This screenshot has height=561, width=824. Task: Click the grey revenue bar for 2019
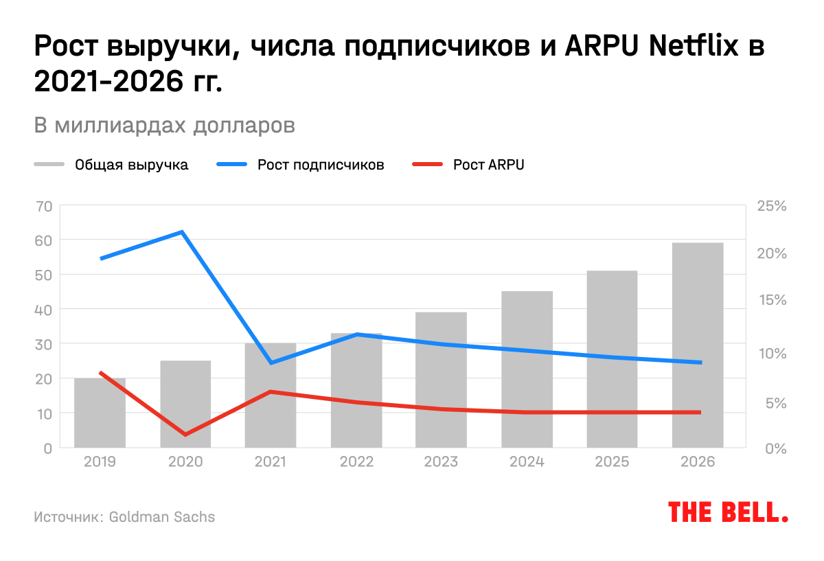[100, 413]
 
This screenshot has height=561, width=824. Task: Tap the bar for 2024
[527, 371]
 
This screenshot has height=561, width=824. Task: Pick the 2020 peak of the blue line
[183, 232]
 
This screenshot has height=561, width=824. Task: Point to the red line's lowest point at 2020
[185, 434]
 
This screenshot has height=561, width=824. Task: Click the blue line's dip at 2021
[271, 363]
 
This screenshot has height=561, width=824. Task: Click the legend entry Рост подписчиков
[321, 165]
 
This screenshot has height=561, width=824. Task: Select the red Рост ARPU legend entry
[488, 165]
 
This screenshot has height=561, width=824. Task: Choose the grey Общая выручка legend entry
[131, 165]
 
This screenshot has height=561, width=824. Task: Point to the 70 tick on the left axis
[43, 205]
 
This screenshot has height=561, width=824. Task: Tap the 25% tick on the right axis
[771, 205]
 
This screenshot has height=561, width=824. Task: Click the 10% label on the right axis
[771, 353]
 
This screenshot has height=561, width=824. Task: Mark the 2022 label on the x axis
[356, 462]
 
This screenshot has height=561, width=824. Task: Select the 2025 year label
[612, 462]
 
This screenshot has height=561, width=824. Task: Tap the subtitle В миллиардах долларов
[165, 126]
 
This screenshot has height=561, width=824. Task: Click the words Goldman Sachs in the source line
[161, 516]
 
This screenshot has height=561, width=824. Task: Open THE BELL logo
[728, 512]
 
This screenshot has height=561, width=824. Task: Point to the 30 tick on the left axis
[43, 343]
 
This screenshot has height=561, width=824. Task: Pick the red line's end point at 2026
[700, 412]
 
